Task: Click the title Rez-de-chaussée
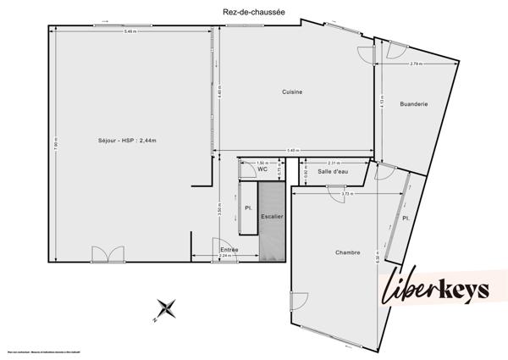[253, 12]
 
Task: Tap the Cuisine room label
[292, 91]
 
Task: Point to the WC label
[262, 169]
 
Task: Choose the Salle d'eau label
[333, 172]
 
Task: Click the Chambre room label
[348, 252]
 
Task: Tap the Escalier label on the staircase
[272, 217]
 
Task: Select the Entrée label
[229, 249]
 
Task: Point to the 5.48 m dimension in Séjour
[130, 32]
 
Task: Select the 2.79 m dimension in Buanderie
[416, 64]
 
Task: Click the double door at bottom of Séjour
[102, 254]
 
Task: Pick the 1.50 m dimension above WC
[262, 161]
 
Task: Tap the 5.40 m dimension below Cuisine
[293, 151]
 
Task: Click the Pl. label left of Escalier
[248, 208]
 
